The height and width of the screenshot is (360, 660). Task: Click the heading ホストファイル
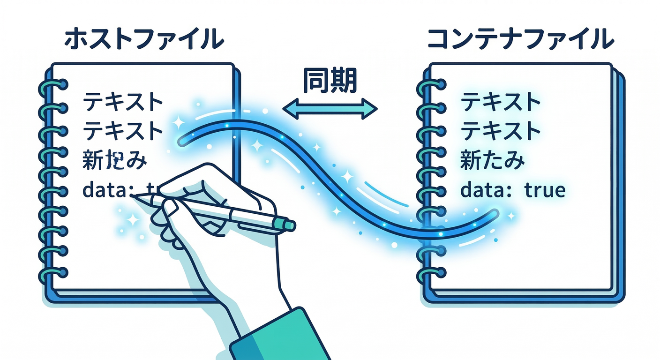click(144, 40)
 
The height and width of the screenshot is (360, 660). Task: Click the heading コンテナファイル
click(521, 40)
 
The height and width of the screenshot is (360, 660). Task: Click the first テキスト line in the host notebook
click(123, 102)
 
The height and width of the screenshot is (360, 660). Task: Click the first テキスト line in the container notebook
click(501, 102)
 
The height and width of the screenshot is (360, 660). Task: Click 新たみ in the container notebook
click(492, 161)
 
